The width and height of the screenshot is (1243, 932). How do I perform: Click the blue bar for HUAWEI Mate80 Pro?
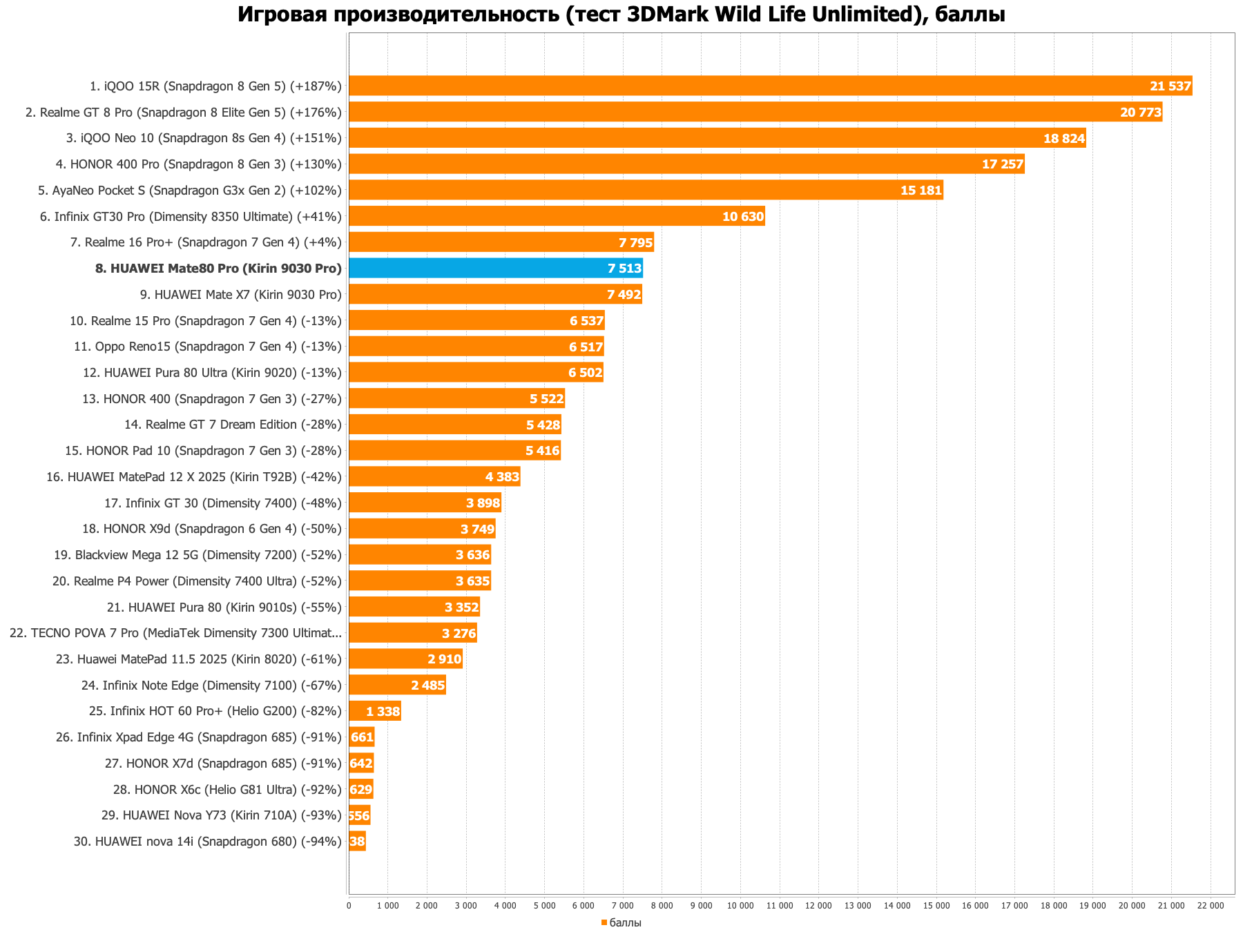point(495,268)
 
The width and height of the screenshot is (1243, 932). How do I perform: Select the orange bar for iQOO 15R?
point(770,86)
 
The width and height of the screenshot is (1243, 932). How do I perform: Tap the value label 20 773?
point(1140,112)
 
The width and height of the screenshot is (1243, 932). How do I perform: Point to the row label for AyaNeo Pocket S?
point(190,190)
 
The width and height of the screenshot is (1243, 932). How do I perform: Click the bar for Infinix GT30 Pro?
point(557,216)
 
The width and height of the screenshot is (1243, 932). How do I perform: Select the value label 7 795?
point(635,242)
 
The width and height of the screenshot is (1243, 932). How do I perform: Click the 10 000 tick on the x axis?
point(740,905)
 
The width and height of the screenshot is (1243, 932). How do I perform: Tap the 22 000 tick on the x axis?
point(1211,905)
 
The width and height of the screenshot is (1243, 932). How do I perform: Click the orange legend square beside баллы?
point(604,922)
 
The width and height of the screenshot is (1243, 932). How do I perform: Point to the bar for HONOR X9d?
point(422,529)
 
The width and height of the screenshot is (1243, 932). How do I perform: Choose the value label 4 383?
point(502,476)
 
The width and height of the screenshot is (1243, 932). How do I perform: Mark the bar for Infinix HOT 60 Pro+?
point(374,711)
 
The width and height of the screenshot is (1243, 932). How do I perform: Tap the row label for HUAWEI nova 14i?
point(207,842)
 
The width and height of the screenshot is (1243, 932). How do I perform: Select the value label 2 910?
point(444,659)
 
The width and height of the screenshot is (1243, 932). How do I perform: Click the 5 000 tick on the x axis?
point(544,905)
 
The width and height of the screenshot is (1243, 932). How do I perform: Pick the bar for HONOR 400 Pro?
point(686,164)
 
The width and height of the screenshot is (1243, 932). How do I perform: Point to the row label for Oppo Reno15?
point(207,347)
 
